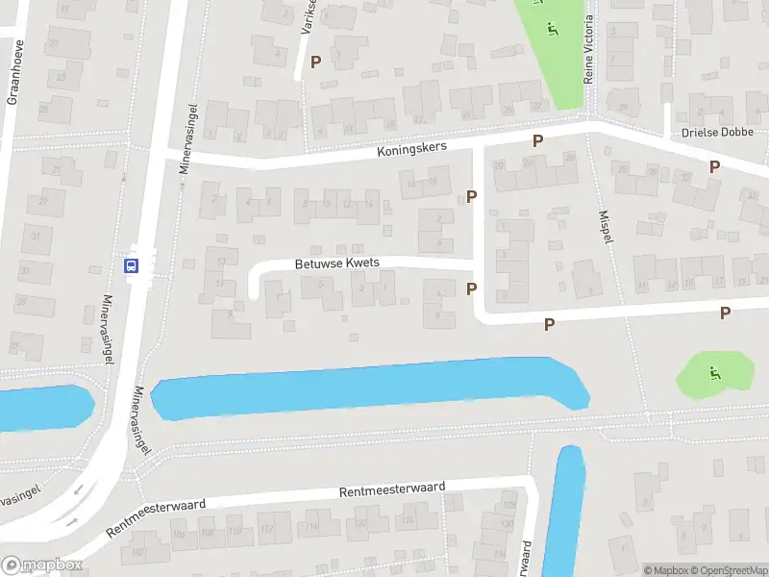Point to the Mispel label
605,228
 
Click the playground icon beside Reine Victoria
551,28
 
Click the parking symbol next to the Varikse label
315,62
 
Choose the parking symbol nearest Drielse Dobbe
714,166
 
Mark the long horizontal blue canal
370,388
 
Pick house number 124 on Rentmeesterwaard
408,520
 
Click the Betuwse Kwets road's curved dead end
255,282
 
